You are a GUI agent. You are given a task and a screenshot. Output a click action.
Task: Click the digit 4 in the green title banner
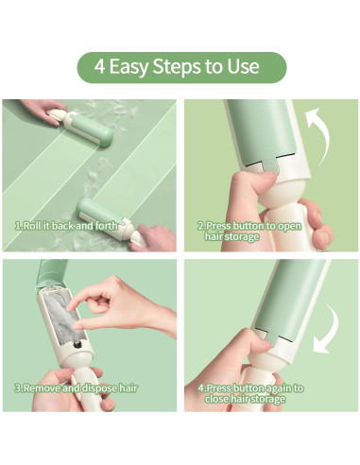[x=99, y=66]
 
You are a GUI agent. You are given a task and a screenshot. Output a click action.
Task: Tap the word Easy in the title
[x=128, y=67]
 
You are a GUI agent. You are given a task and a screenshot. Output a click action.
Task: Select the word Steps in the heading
[x=177, y=67]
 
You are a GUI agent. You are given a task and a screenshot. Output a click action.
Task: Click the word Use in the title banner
[x=244, y=66]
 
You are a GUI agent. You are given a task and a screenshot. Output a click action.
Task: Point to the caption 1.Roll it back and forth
[x=66, y=226]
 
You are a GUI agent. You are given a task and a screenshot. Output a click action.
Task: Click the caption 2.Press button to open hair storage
[x=249, y=231]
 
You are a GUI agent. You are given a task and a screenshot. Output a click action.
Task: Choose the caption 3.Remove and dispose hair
[x=77, y=387]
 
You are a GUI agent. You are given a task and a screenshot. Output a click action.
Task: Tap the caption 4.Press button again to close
[x=250, y=393]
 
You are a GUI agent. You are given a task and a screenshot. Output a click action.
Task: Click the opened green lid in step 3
[x=52, y=272]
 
